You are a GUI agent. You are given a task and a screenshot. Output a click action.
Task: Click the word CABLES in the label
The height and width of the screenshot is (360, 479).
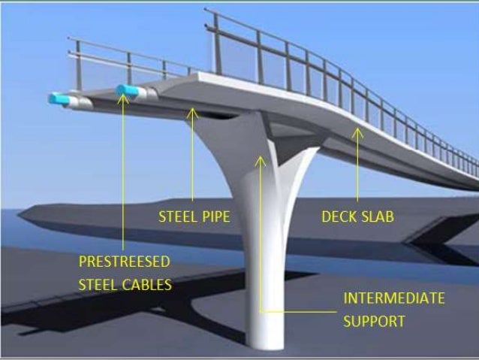pyautogui.click(x=147, y=285)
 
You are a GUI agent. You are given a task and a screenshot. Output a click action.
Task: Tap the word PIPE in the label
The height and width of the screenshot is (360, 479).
pyautogui.click(x=214, y=217)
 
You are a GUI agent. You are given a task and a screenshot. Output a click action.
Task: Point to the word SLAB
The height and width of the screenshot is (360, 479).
pyautogui.click(x=378, y=217)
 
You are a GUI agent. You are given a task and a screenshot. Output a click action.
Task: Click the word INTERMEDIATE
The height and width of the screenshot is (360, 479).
pyautogui.click(x=394, y=298)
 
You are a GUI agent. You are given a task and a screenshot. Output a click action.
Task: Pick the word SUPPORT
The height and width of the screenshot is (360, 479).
pyautogui.click(x=374, y=321)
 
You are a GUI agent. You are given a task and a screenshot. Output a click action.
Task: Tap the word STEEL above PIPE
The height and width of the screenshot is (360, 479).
pyautogui.click(x=176, y=217)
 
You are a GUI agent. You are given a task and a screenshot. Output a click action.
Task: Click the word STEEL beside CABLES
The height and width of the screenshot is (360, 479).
pyautogui.click(x=98, y=285)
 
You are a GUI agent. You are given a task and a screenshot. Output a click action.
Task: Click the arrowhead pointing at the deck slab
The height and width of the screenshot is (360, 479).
pyautogui.click(x=357, y=132)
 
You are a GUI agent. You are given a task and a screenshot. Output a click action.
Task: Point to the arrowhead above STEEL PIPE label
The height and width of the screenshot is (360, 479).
pyautogui.click(x=192, y=113)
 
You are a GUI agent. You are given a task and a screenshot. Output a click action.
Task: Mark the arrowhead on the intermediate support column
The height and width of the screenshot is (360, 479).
pyautogui.click(x=261, y=159)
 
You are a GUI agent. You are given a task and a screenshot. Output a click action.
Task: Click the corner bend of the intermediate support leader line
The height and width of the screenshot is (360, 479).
pyautogui.click(x=261, y=310)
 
